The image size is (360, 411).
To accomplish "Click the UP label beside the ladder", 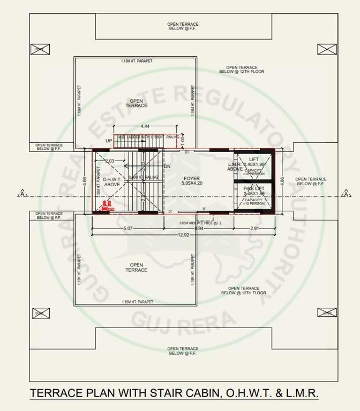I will coord(109,141).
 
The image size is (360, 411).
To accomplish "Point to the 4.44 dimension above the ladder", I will coord(145,126).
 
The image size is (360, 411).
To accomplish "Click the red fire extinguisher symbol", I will coord(107,205).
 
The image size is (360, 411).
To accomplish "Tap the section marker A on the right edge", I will coord(347,193).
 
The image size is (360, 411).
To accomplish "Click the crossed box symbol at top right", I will coord(327,49).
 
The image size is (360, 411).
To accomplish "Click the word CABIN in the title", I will coord(193,393).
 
